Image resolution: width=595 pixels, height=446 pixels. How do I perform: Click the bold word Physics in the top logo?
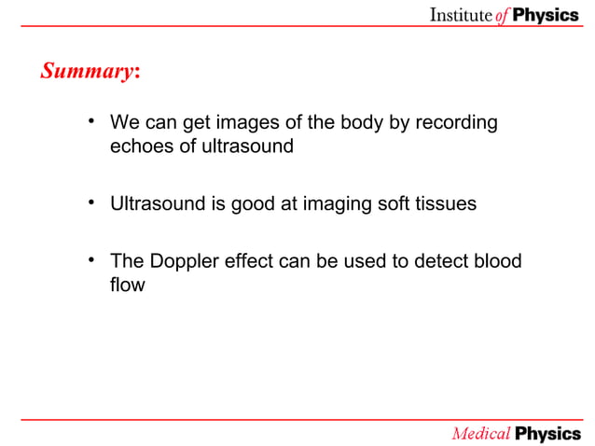click(546, 15)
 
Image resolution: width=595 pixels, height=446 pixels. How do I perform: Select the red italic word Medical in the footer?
click(481, 433)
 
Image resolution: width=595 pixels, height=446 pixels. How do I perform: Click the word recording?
click(456, 123)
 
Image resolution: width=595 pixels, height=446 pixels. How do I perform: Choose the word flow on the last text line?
click(127, 285)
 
